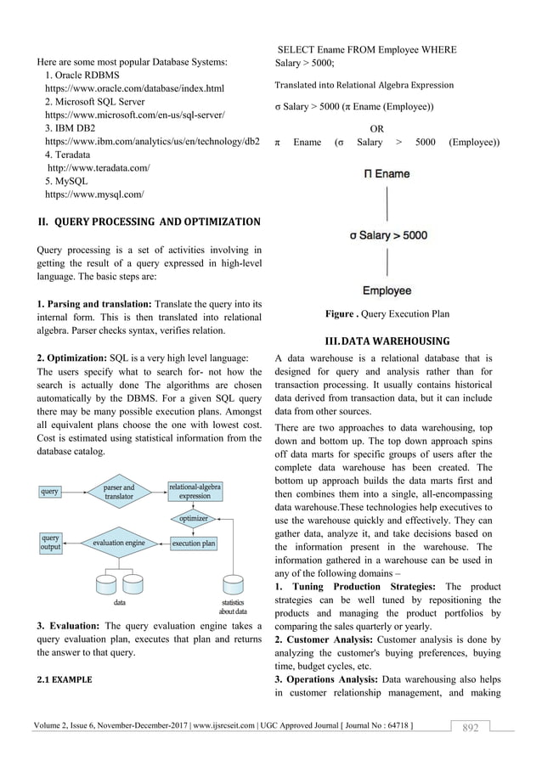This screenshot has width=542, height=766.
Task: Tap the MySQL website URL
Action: pos(93,194)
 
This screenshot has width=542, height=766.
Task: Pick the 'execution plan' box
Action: pos(193,542)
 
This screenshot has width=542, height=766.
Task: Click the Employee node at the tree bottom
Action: pos(387,291)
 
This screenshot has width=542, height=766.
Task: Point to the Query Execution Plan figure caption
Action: pos(387,314)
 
